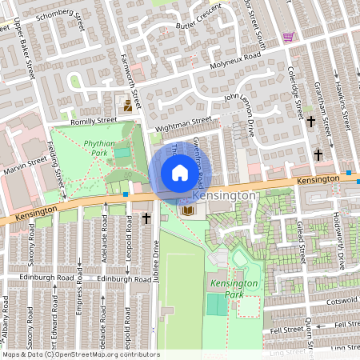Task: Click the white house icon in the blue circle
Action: [180, 173]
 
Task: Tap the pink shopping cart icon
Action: [288, 37]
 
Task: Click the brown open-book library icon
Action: [189, 210]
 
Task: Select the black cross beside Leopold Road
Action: [146, 218]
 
